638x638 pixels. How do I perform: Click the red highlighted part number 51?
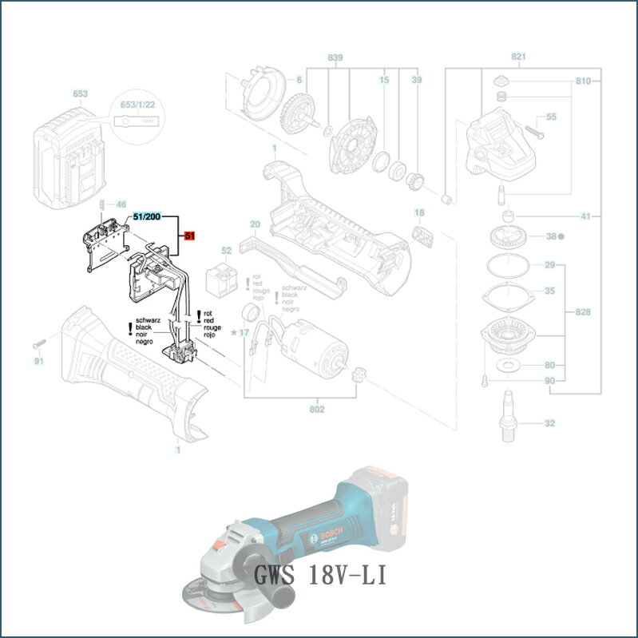(189, 236)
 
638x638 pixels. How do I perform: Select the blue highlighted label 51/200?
(147, 216)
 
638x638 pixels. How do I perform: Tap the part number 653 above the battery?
(81, 93)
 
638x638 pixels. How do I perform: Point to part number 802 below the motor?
(317, 410)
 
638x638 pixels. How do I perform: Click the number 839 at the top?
(335, 58)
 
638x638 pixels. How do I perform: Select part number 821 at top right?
(519, 57)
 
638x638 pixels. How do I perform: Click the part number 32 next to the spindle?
(549, 423)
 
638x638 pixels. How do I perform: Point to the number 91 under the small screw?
(38, 361)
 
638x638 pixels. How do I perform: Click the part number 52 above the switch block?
(226, 251)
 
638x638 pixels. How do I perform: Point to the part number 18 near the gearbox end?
(419, 212)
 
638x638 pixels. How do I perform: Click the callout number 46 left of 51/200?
(121, 205)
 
